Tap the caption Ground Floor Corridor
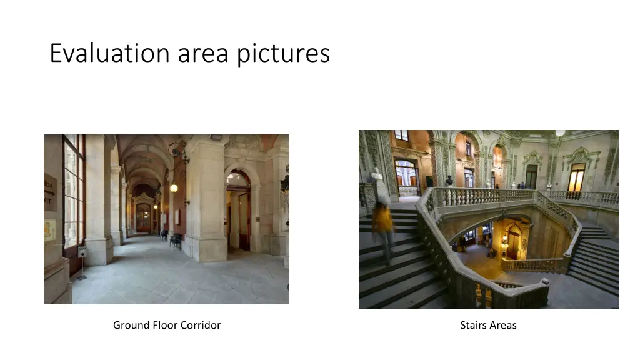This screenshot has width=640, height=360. pos(167,325)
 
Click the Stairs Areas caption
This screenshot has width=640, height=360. pos(488,325)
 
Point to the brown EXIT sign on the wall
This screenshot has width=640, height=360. pos(50,191)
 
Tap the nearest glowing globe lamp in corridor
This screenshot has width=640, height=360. pos(174,187)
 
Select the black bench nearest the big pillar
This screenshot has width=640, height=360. pos(176,240)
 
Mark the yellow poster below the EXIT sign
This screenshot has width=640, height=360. pos(49,230)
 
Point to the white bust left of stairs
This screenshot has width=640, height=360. pos(377,175)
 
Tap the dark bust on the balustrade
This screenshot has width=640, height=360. pos(449,181)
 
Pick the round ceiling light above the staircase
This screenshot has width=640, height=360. pos(560,133)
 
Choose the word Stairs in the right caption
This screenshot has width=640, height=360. pos(473,325)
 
